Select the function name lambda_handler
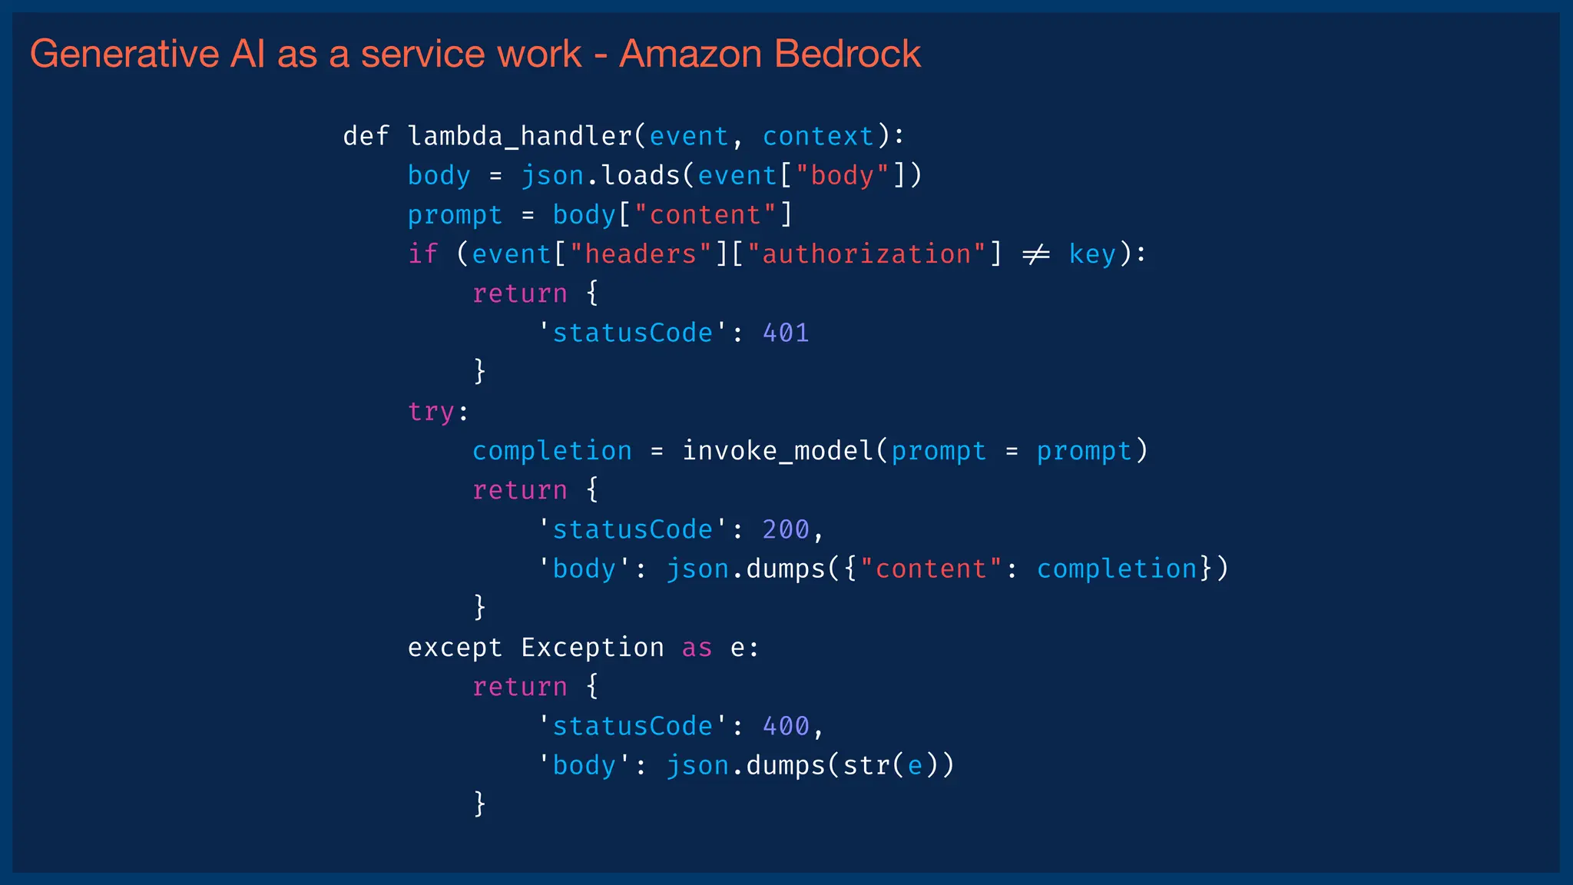click(x=520, y=136)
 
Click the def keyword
click(x=366, y=136)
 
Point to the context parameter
click(x=818, y=136)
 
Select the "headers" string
click(x=641, y=254)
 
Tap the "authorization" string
click(x=866, y=254)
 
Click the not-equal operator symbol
click(x=1036, y=254)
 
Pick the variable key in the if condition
click(x=1092, y=254)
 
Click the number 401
click(x=786, y=333)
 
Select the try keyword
click(x=431, y=412)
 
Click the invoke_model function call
click(x=777, y=450)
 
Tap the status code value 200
click(x=786, y=529)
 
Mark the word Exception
click(x=592, y=648)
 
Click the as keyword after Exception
click(x=697, y=648)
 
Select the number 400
click(x=786, y=726)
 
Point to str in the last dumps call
click(x=866, y=765)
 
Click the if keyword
click(x=422, y=254)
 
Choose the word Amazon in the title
click(x=690, y=54)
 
